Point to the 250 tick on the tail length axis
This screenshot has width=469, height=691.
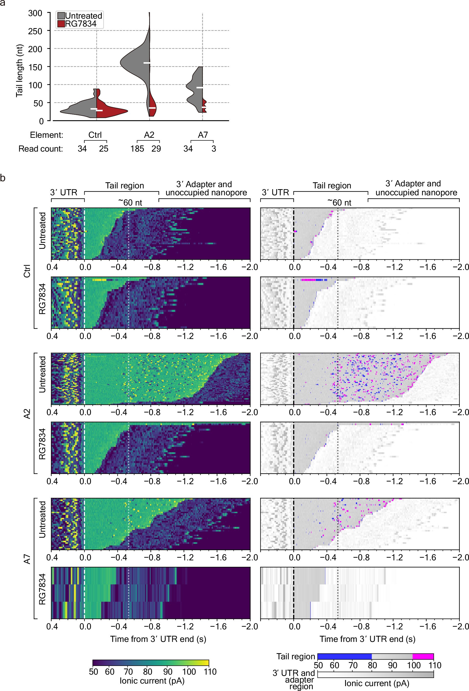35,31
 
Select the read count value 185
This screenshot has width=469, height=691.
137,149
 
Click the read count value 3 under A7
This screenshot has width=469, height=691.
214,149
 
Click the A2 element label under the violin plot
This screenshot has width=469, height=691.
149,135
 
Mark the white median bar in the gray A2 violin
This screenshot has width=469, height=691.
147,63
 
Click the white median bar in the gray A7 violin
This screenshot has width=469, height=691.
200,88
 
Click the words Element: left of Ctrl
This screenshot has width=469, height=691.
47,135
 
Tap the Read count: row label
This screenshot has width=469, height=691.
41,149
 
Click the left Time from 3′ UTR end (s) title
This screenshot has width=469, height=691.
158,639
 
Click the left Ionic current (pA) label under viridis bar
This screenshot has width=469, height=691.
152,681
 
